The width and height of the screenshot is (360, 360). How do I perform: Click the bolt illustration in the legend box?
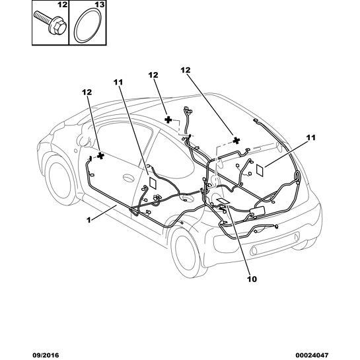pos(50,22)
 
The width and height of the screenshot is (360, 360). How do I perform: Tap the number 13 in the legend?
pos(100,5)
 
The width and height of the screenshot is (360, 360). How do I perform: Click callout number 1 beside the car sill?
pos(89,220)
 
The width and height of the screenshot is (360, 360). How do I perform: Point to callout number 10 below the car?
pos(252,279)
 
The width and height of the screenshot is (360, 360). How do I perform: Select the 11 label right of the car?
pos(311,138)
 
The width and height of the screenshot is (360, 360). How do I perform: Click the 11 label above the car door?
pos(118,82)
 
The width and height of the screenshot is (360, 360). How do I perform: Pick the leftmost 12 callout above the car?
pos(87,92)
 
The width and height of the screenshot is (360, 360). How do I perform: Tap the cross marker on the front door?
pos(100,156)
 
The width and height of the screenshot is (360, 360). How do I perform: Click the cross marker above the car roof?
pos(168,120)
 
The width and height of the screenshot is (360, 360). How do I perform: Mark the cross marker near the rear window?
pos(236,141)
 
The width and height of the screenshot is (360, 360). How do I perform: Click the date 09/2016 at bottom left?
pos(46,355)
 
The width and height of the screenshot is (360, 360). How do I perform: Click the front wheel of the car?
pos(59,178)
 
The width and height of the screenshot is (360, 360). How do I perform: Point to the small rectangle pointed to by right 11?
pos(260,170)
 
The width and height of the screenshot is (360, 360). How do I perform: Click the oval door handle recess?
pos(129,178)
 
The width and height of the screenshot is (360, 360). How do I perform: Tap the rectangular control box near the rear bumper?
pos(258,211)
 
